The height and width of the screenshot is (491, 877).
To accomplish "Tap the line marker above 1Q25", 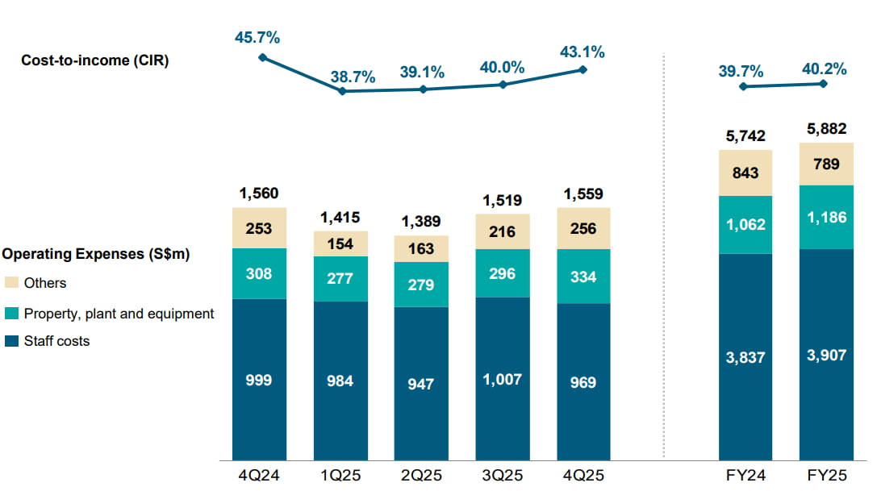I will tap(342, 91).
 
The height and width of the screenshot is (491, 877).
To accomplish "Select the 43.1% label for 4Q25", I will tap(583, 52).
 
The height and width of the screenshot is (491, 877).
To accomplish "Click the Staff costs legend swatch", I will tap(10, 341).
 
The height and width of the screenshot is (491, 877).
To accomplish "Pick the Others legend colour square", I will tap(10, 283).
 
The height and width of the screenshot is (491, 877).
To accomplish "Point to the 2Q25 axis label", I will tap(420, 476).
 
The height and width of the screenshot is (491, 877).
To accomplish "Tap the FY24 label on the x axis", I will tap(745, 476).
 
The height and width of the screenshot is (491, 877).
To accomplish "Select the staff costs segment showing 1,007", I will tap(502, 379).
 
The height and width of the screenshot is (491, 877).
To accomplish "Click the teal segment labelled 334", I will tap(583, 277).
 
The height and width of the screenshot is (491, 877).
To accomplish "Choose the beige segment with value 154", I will tap(340, 243).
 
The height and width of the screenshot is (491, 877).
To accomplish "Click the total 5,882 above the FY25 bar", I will tap(825, 129).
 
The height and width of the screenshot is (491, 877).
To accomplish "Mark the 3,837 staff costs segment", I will tap(745, 356).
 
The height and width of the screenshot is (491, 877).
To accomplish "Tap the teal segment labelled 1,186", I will tap(825, 217).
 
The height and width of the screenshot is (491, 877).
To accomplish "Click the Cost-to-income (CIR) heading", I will tap(95, 60).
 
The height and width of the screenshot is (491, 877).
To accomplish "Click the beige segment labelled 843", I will tap(745, 173).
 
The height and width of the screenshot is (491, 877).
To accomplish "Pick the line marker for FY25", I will tap(824, 83).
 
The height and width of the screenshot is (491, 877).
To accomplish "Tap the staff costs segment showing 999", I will tap(259, 380).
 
